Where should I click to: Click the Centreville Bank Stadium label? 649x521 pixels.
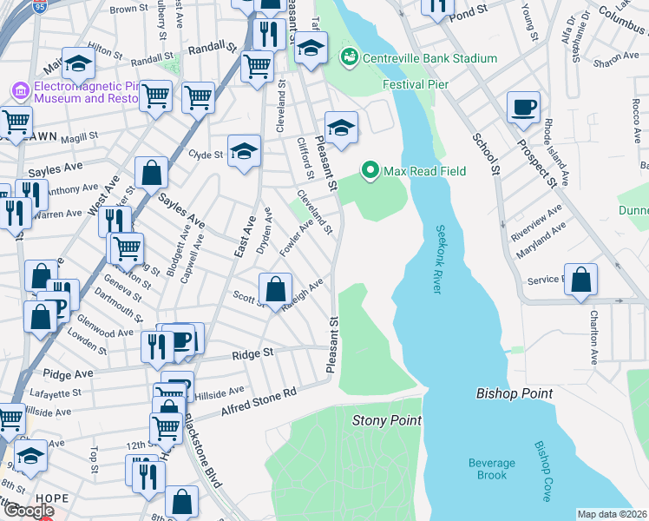point(430,59)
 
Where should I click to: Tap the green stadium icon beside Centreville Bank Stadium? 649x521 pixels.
point(350,58)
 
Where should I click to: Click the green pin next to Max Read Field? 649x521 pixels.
point(371,170)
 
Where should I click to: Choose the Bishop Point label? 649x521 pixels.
point(515,393)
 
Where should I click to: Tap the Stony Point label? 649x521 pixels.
point(387,421)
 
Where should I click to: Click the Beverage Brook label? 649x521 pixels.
point(492,469)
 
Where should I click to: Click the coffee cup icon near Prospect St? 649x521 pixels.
point(523,107)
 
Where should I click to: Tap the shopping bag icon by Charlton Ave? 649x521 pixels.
point(581,280)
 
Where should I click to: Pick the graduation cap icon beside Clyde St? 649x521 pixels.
point(244,150)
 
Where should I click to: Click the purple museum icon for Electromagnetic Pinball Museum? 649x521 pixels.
point(19,89)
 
